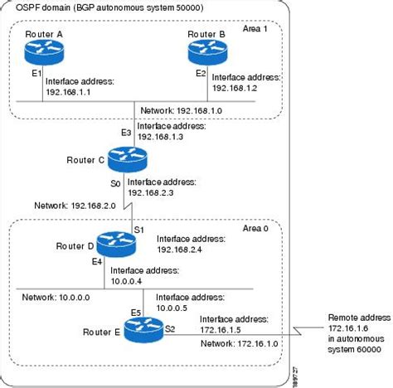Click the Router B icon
204,53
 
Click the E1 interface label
36,73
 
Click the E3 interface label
126,133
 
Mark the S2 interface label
170,329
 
